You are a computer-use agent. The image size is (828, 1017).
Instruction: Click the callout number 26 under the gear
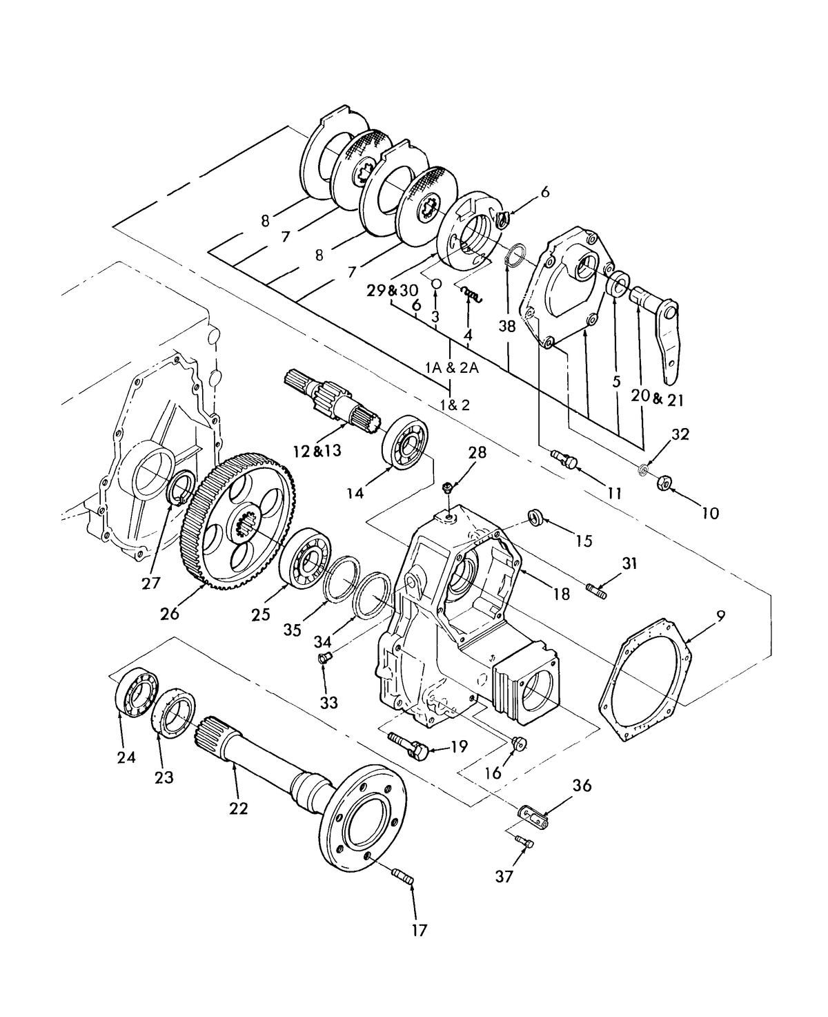(x=170, y=613)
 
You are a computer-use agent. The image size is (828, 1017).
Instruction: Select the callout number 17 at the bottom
(x=419, y=930)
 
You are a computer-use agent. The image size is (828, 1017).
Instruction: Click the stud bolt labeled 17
(x=402, y=878)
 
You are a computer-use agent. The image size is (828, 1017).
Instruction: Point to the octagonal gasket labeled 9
(x=644, y=680)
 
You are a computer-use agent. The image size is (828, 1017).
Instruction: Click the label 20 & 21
(x=658, y=398)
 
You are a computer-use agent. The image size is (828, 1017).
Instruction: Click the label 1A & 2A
(x=452, y=368)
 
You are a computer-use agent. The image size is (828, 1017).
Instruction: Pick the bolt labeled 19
(x=408, y=744)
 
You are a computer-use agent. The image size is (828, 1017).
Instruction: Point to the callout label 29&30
(x=393, y=291)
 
